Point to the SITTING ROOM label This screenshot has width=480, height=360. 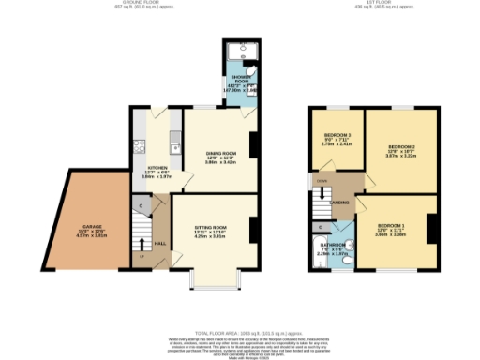(211, 228)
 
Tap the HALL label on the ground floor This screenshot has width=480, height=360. (160, 243)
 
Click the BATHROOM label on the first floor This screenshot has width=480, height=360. (331, 244)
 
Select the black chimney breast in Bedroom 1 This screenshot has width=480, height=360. (432, 227)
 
